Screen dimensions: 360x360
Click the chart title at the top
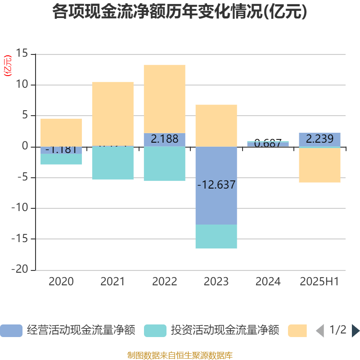coord(180,12)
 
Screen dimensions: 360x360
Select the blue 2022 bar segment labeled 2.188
coord(164,139)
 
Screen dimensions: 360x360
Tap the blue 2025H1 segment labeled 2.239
coord(319,139)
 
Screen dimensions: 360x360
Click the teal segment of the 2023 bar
coord(216,237)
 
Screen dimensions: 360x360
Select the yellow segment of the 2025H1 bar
coord(319,165)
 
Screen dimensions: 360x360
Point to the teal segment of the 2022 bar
coord(164,164)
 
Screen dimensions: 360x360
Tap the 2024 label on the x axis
coord(268,282)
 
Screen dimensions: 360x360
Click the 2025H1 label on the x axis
coord(319,282)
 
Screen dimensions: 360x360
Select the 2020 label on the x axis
coord(61,282)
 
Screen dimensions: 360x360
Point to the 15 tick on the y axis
coord(22,54)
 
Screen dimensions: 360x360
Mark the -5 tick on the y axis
coord(22,177)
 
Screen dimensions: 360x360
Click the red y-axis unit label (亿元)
coord(8,66)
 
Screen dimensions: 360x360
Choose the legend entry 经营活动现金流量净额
coord(67,331)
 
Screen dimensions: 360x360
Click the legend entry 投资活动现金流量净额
coord(211,331)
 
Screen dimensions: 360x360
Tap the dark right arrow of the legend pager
coord(355,331)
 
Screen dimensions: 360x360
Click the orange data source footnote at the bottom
coord(180,355)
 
